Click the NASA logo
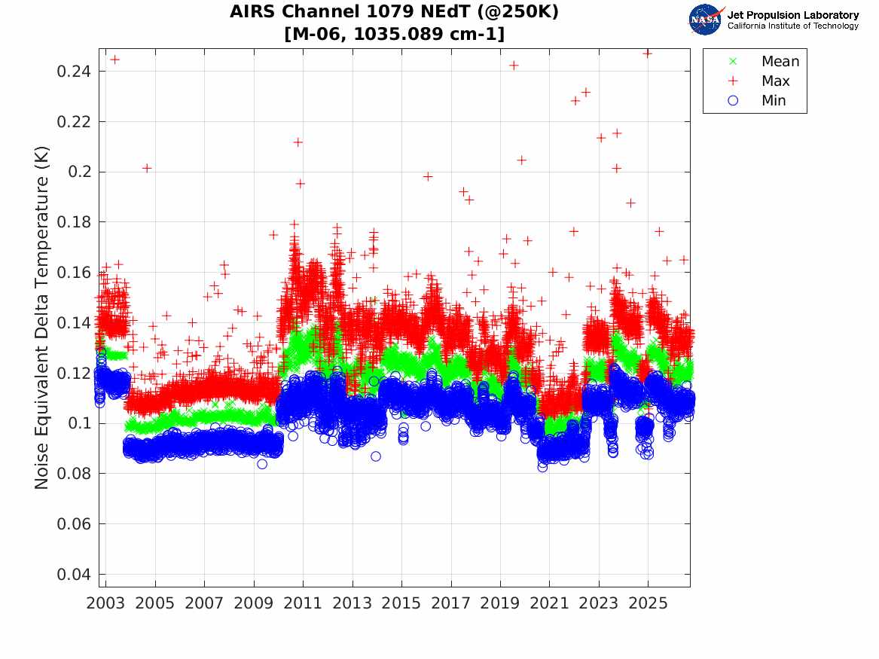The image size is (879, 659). [x=707, y=20]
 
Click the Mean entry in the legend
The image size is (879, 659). [x=765, y=61]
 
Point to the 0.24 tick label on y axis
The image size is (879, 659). [x=73, y=71]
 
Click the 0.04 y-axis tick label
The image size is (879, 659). [x=73, y=575]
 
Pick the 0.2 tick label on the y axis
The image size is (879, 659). [x=79, y=172]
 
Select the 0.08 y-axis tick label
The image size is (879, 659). [x=73, y=474]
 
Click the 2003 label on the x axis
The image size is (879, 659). [x=105, y=603]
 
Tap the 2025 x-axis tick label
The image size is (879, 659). [x=648, y=603]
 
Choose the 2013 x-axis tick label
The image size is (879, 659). [x=352, y=603]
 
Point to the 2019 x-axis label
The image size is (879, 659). [x=500, y=603]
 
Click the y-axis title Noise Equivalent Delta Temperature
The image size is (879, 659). [x=42, y=318]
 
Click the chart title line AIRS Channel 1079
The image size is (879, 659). [x=394, y=12]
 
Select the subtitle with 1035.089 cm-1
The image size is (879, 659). [x=395, y=34]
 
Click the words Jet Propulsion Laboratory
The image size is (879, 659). [x=793, y=15]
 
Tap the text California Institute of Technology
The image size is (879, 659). [x=793, y=26]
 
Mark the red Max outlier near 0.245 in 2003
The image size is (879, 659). [x=115, y=59]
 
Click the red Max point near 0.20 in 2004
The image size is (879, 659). [x=147, y=168]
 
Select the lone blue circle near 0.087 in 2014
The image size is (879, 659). [x=376, y=456]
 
